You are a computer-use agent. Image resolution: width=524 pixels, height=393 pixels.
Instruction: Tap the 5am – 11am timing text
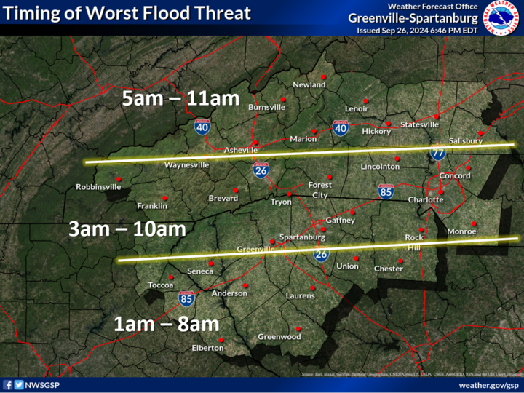181,99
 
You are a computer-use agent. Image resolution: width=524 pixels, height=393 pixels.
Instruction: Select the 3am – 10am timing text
127,229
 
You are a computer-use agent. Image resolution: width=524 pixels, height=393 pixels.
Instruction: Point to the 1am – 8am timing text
166,325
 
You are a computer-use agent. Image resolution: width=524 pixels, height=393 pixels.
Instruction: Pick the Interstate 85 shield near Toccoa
186,298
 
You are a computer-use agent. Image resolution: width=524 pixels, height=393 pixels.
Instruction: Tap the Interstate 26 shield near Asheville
260,170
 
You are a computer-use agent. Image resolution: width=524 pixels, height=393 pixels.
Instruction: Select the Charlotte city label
426,199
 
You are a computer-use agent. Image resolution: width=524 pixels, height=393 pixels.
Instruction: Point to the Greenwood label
279,337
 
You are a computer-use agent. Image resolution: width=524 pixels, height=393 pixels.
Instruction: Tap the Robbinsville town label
98,187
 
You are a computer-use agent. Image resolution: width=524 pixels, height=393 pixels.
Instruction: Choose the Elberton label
207,348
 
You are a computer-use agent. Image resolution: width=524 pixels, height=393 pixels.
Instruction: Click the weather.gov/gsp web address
488,384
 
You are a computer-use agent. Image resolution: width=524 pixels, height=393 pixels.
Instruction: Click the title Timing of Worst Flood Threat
128,13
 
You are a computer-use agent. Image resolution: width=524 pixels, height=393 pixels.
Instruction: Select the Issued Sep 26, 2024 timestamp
417,31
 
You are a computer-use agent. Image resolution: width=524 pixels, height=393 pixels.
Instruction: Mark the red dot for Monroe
474,223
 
